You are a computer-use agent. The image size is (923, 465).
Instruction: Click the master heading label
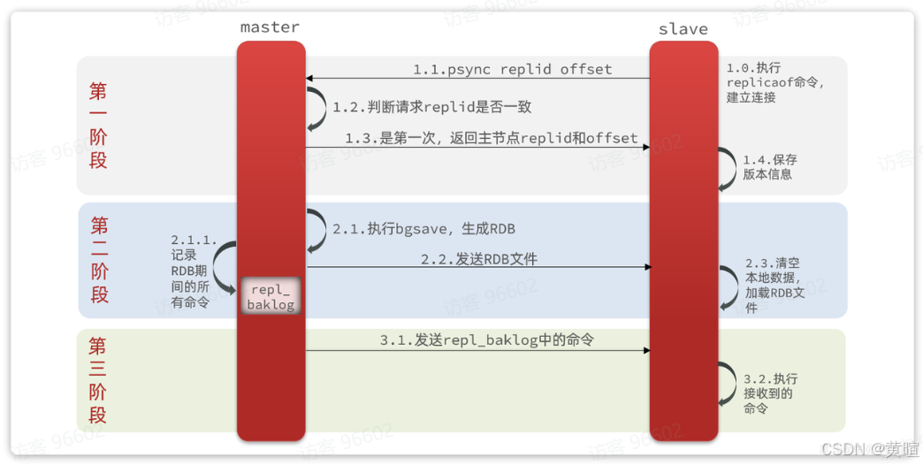point(270,27)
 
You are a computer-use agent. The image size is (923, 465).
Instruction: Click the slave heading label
point(683,29)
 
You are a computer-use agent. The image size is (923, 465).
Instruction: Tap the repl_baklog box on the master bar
point(271,296)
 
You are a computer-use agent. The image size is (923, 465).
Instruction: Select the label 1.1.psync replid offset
point(512,69)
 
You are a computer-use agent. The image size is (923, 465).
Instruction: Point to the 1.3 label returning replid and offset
point(491,139)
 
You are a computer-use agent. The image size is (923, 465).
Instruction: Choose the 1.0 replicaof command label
point(774,82)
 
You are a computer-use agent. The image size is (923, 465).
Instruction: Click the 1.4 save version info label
point(768,167)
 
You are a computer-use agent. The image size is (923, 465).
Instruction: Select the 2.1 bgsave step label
point(423,229)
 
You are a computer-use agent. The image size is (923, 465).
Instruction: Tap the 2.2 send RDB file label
point(478,259)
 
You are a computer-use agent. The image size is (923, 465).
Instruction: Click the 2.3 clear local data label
point(774,286)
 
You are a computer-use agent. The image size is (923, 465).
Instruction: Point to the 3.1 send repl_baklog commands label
point(486,340)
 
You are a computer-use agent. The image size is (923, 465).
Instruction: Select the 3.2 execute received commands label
point(768,393)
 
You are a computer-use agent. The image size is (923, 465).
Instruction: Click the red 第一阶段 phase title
point(98,126)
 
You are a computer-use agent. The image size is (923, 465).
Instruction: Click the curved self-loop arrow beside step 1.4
point(727,168)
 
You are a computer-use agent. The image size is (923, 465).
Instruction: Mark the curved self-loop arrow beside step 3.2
point(727,385)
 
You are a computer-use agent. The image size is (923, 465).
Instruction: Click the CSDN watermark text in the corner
point(869,449)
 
